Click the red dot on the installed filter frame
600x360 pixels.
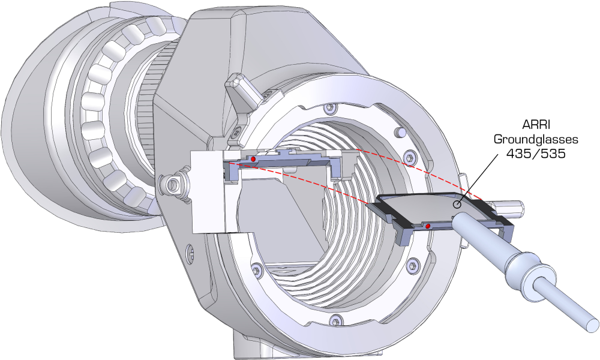tap(254, 158)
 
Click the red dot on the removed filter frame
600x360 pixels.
tap(427, 226)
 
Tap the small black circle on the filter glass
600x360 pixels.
tap(457, 205)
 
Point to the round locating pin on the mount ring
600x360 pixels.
tap(397, 131)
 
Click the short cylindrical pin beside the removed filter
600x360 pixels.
tap(510, 208)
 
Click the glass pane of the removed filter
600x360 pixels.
tap(426, 207)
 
